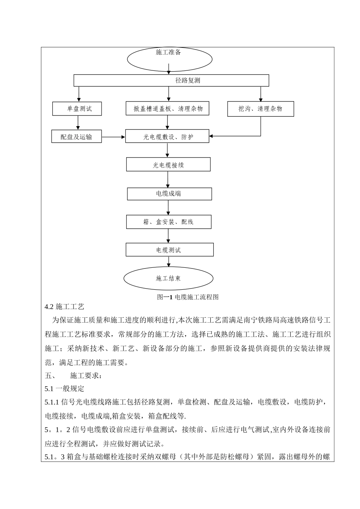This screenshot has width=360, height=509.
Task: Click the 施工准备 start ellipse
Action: (169, 59)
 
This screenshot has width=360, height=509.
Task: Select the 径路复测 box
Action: (171, 80)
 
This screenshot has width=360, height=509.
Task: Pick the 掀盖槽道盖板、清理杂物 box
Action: (168, 109)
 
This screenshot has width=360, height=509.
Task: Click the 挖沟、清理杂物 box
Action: (260, 109)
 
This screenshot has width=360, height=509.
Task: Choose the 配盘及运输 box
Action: (77, 137)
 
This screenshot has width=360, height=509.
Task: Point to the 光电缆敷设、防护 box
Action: (167, 137)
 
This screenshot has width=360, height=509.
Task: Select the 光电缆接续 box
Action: (168, 165)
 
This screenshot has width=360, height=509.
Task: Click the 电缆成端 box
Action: (169, 194)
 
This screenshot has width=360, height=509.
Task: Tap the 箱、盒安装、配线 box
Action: (169, 222)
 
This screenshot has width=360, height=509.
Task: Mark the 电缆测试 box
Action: (169, 250)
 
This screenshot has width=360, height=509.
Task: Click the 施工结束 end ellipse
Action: (168, 278)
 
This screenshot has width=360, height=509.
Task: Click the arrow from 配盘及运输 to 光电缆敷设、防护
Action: (114, 137)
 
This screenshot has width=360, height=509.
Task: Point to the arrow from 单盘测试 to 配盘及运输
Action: (78, 123)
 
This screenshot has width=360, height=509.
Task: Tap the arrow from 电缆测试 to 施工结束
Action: (169, 262)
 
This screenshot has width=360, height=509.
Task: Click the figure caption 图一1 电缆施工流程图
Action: (188, 297)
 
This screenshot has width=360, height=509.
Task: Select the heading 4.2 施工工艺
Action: (64, 306)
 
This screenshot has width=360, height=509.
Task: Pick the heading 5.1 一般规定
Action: (64, 389)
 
